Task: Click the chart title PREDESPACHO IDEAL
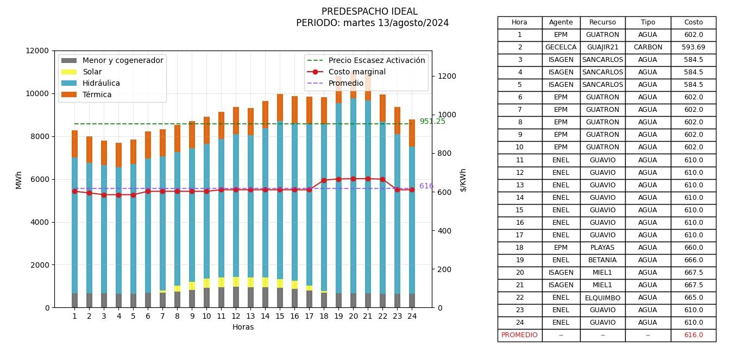coord(369,11)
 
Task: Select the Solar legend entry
coord(92,72)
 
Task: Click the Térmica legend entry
coord(97,94)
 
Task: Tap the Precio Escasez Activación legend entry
coord(376,60)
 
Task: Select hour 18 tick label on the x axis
coord(324,316)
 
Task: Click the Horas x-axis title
coord(243,327)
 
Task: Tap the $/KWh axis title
coord(463,180)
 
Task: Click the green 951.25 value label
coord(432,121)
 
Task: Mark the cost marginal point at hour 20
coord(353,179)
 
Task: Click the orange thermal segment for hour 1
coord(74,144)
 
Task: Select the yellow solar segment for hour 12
coord(236,281)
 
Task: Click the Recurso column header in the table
coord(602,22)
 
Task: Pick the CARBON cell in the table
coord(647,47)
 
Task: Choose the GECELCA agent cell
coord(561,47)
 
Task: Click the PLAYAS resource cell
coord(602,248)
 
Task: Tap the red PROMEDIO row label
coord(519,335)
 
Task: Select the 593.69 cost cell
coord(693,47)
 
